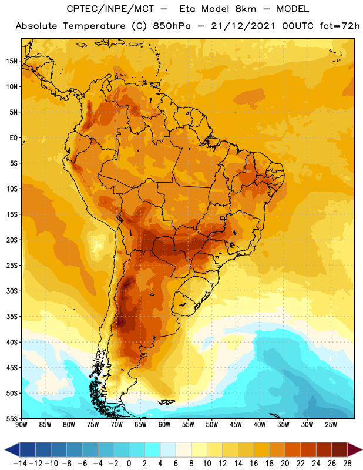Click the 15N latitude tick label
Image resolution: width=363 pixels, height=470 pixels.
[12, 61]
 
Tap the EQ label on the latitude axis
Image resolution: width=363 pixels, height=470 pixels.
[14, 138]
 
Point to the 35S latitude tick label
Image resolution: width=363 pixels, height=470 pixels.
[12, 317]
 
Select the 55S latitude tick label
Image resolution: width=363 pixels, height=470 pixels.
[12, 418]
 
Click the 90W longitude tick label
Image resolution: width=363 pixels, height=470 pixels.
[22, 425]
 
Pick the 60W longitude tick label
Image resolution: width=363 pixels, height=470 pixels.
[164, 425]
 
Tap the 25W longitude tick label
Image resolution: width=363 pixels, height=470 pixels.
[331, 425]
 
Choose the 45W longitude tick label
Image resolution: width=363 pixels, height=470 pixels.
[236, 425]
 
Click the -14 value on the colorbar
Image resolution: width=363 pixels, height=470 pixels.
[20, 464]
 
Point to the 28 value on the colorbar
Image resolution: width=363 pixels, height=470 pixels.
[347, 464]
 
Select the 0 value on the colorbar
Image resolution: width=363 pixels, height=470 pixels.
[129, 464]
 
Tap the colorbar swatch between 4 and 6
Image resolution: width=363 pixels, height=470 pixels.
[168, 449]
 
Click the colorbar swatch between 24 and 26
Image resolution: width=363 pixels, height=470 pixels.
[324, 449]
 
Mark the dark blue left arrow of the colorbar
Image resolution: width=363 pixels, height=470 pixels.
[12, 449]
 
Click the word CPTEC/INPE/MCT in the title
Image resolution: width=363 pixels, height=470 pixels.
[110, 9]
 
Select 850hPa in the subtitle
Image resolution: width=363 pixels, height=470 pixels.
[172, 26]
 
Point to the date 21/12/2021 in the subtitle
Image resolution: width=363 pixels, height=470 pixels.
[243, 26]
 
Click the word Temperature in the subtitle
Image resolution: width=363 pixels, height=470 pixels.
[94, 26]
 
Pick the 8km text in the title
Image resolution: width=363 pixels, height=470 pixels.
[246, 9]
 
